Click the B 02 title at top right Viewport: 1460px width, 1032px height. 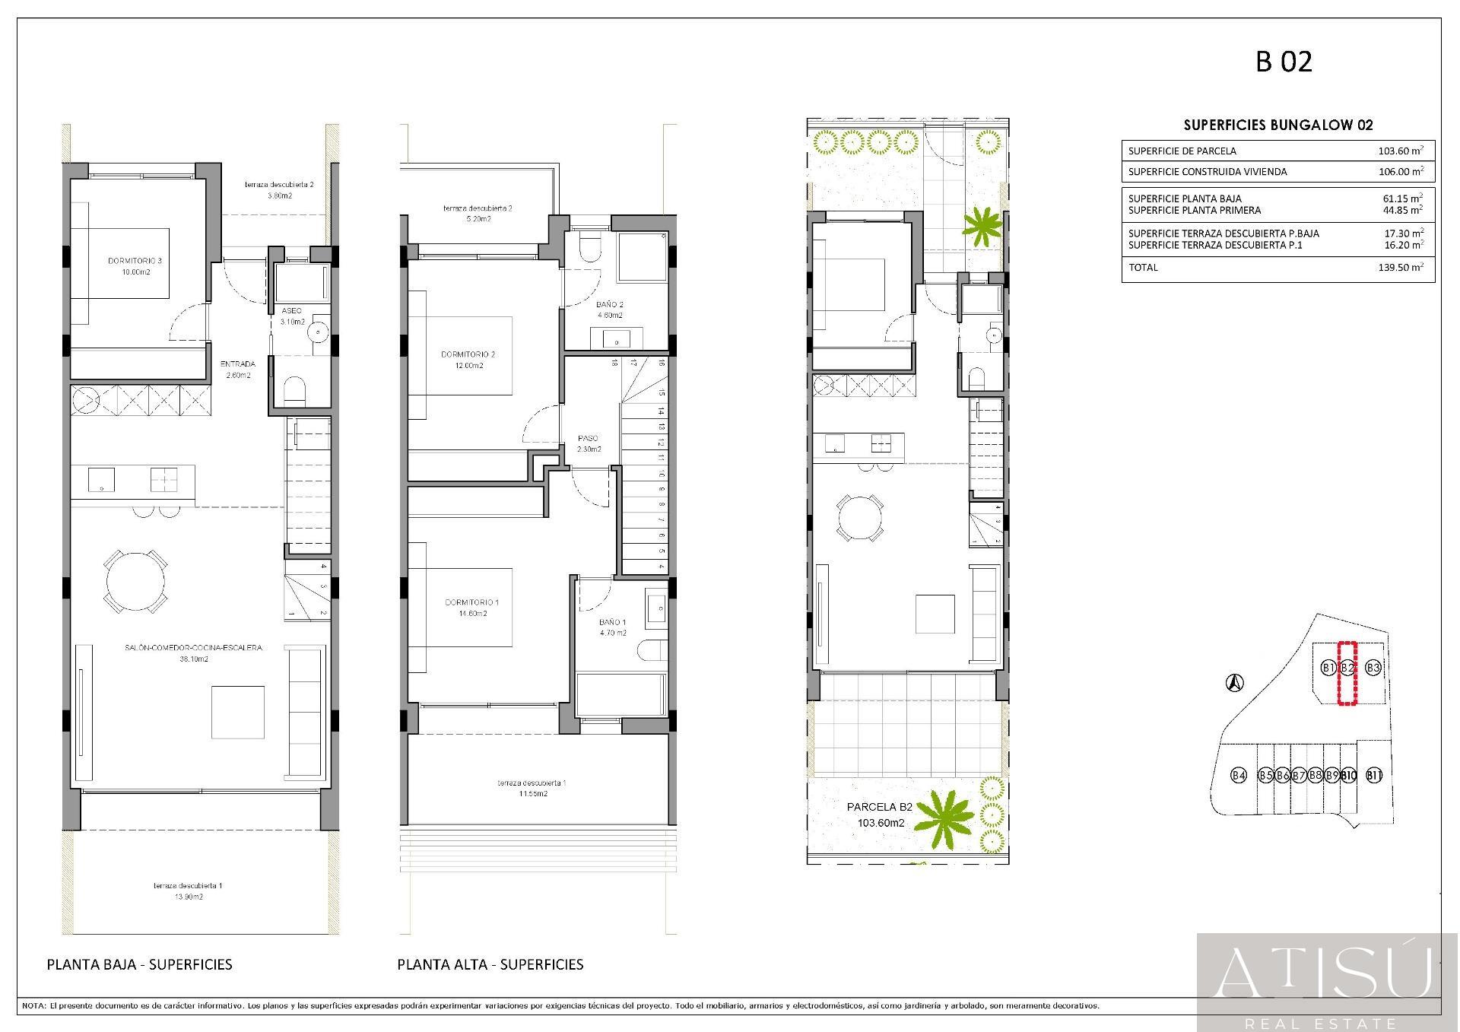pyautogui.click(x=1284, y=62)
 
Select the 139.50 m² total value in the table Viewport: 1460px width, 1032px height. pyautogui.click(x=1400, y=268)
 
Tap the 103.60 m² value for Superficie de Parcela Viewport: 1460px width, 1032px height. pyautogui.click(x=1400, y=151)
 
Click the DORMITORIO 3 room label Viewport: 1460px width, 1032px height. pyautogui.click(x=135, y=261)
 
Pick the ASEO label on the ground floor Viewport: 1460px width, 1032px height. pyautogui.click(x=291, y=311)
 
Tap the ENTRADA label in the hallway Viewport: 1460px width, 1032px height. pyautogui.click(x=238, y=364)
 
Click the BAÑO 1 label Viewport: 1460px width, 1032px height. pyautogui.click(x=612, y=622)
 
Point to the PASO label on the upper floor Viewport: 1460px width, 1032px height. pyautogui.click(x=588, y=438)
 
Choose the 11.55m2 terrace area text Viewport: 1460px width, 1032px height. pyautogui.click(x=532, y=794)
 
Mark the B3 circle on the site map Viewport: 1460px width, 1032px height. pyautogui.click(x=1373, y=668)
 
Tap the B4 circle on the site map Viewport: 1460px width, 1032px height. pyautogui.click(x=1239, y=776)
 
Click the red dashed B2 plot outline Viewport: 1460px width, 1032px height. pyautogui.click(x=1347, y=673)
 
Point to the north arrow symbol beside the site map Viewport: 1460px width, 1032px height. pyautogui.click(x=1236, y=683)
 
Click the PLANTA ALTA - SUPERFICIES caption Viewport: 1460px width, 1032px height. pyautogui.click(x=490, y=964)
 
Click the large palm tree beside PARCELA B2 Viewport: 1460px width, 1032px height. pyautogui.click(x=944, y=820)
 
